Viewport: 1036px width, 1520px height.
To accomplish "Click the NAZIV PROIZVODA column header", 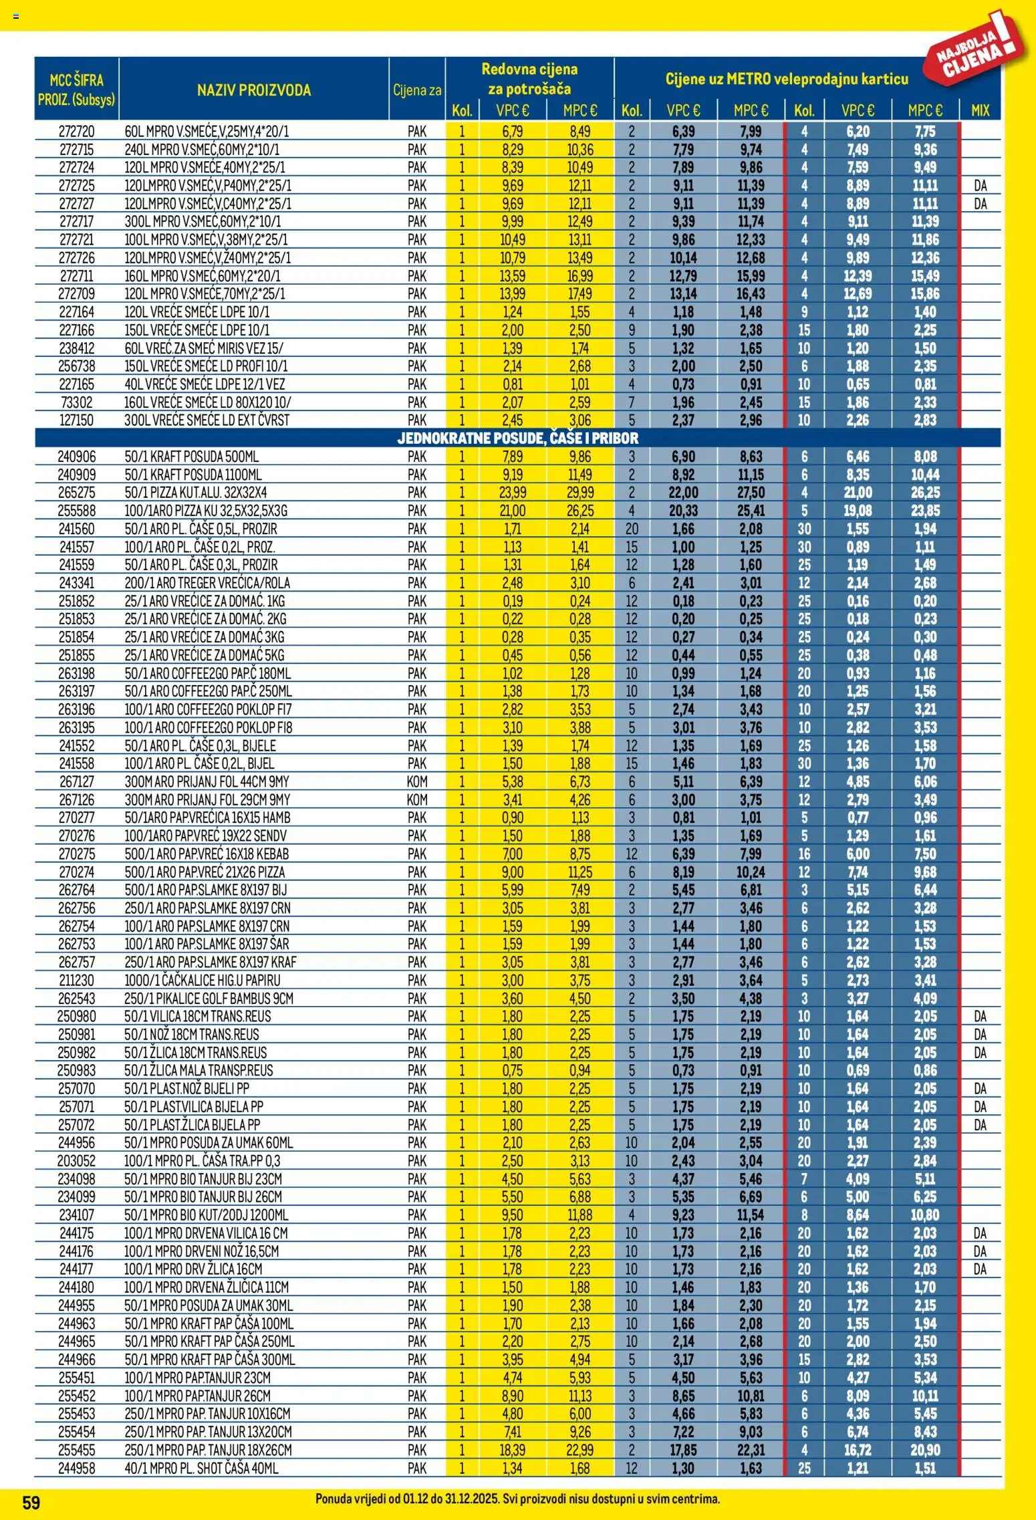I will [x=254, y=90].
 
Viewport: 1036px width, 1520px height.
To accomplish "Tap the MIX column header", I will [x=980, y=110].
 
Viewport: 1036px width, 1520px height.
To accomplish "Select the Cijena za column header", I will [x=417, y=90].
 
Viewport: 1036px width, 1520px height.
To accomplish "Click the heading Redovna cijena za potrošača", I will [x=529, y=79].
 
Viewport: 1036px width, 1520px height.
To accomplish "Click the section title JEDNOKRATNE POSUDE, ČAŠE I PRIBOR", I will [x=517, y=438].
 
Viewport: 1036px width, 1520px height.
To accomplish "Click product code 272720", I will [x=77, y=132].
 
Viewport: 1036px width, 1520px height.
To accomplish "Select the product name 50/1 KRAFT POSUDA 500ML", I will [x=191, y=457].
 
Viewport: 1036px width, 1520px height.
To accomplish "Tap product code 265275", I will [x=77, y=493].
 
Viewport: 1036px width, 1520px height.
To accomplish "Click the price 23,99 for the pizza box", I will [x=513, y=493].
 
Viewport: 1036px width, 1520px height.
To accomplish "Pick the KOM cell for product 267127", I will [x=416, y=781].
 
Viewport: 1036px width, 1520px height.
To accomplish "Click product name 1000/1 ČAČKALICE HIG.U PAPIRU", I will [x=203, y=980].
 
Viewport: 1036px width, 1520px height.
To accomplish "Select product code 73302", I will [x=77, y=402].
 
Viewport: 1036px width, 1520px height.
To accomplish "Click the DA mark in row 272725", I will [x=980, y=186].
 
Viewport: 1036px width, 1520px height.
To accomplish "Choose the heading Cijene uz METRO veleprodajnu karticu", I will [x=787, y=79].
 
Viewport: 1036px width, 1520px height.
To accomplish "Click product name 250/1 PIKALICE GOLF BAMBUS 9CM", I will [x=209, y=998].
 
